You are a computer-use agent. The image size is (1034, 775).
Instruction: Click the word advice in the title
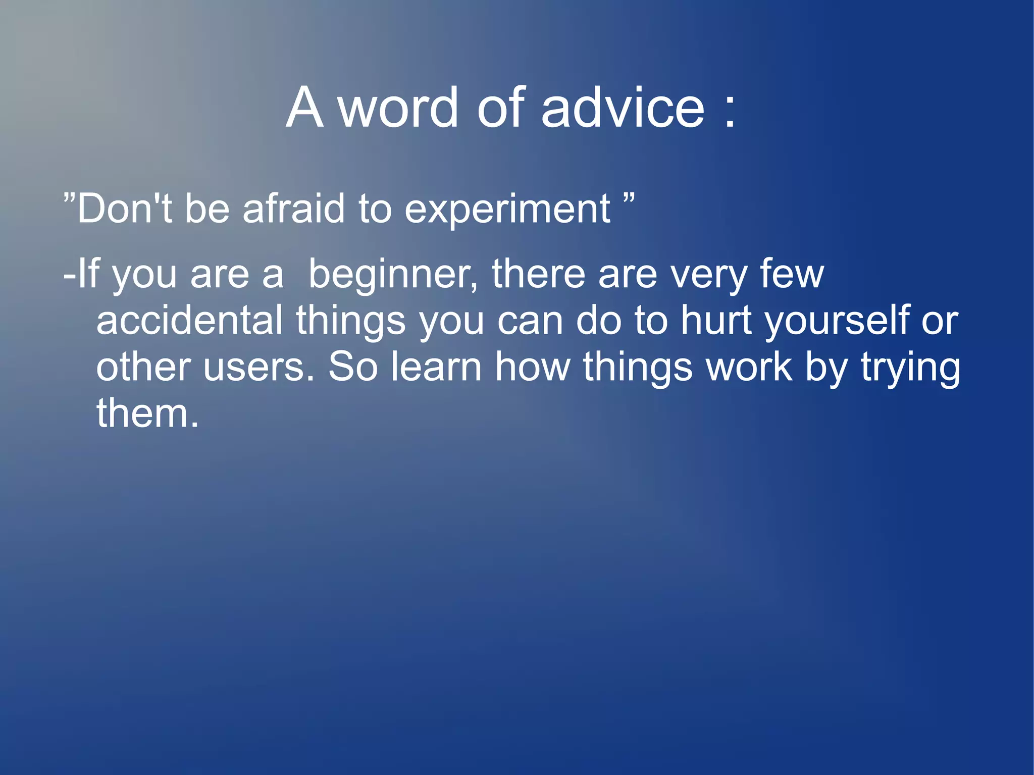(622, 108)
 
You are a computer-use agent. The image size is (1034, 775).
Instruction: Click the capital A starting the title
(304, 108)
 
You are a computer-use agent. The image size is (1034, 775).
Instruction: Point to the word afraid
(293, 209)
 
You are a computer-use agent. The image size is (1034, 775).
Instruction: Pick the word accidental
(189, 320)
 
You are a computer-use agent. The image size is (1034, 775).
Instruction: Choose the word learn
(436, 367)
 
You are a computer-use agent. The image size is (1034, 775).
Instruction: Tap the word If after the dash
(88, 274)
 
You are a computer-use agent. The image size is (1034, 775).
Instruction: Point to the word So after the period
(353, 367)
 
